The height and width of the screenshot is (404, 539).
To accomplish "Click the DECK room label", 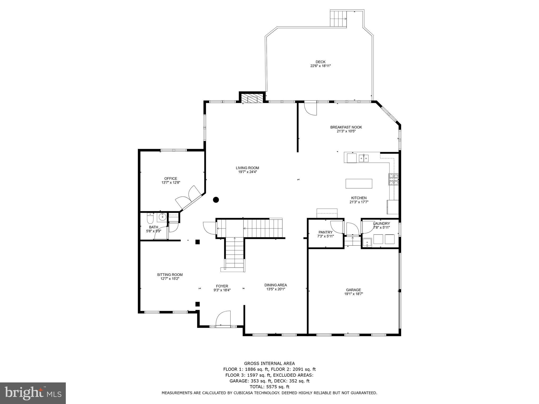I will click(x=320, y=62).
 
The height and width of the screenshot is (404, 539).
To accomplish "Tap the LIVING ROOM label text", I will click(x=247, y=168).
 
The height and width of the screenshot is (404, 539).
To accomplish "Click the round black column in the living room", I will click(x=216, y=200).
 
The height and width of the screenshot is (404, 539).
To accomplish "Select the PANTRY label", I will click(x=326, y=232).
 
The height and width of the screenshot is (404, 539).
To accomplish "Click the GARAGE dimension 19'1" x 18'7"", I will click(x=353, y=294).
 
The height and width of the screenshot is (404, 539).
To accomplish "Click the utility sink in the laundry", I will click(x=367, y=243).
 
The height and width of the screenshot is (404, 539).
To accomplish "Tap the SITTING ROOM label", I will click(x=170, y=275).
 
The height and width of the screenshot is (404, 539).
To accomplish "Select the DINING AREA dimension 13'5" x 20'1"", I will click(x=276, y=289).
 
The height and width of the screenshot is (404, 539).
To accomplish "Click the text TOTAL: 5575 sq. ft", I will click(x=269, y=387).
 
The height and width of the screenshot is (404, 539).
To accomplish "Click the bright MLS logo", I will click(x=33, y=393).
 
